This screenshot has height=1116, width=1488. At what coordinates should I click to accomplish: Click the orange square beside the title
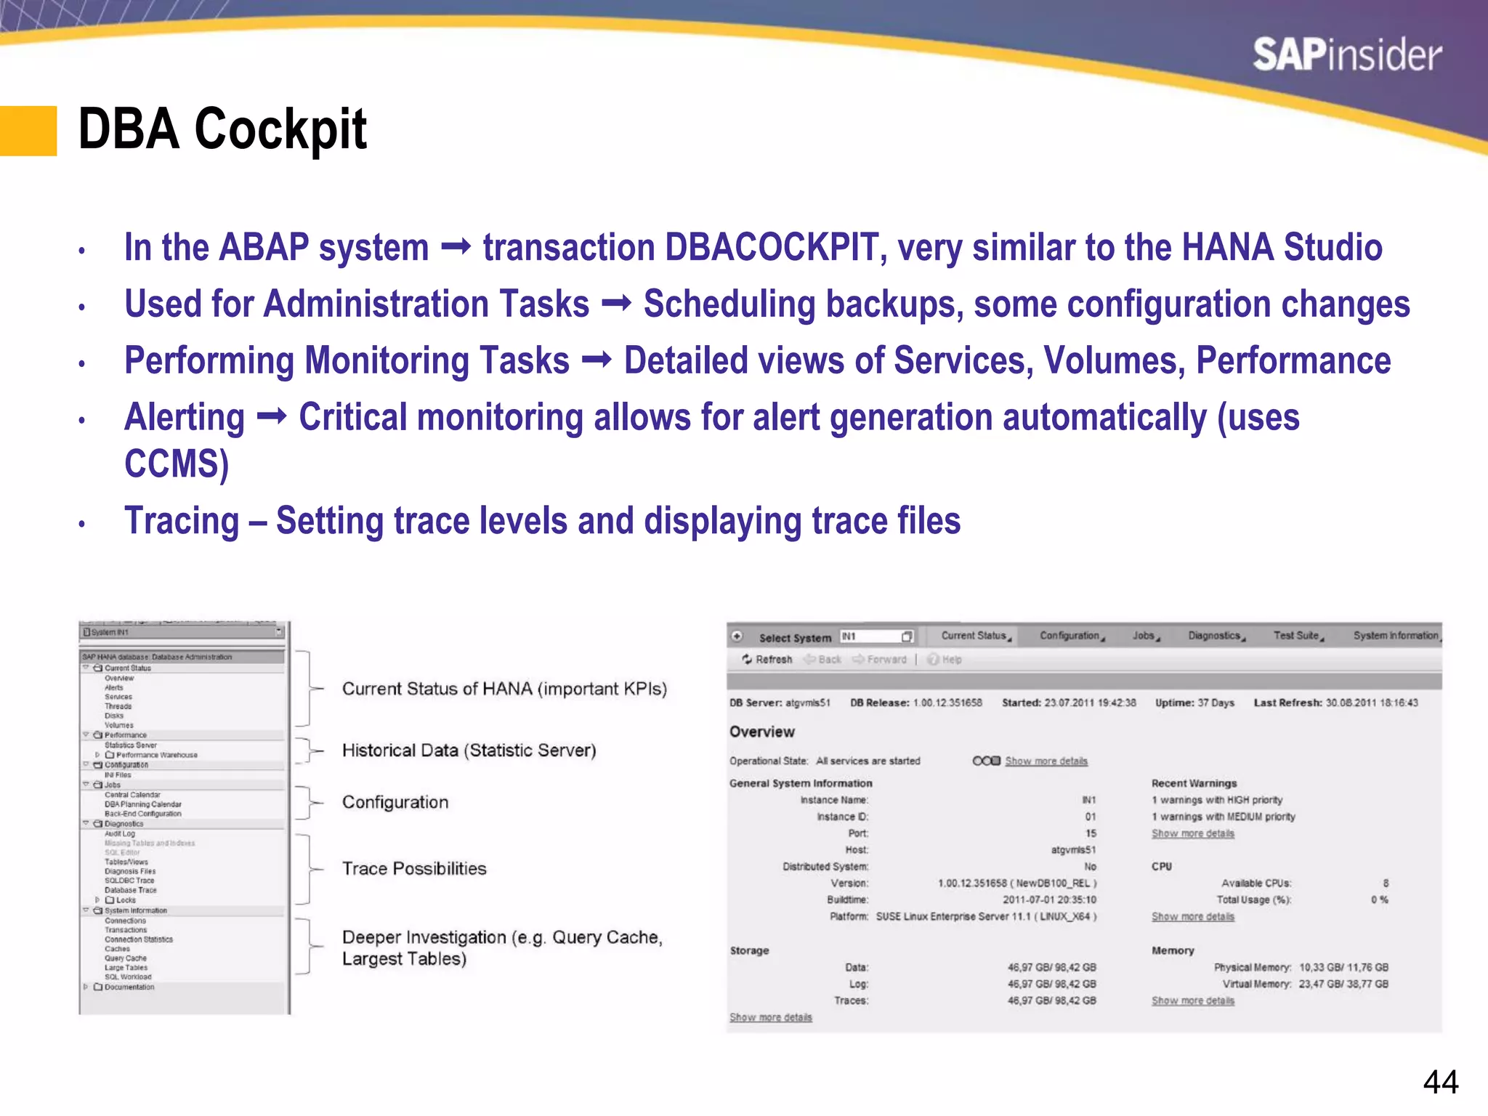click(28, 131)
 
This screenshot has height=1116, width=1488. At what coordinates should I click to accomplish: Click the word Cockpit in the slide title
click(280, 129)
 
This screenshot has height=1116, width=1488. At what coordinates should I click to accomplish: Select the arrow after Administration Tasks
click(616, 304)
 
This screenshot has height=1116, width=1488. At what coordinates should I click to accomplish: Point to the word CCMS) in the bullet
click(177, 464)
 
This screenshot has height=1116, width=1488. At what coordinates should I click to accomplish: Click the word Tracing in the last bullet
click(182, 521)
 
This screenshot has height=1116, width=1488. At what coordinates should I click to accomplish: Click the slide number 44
click(1440, 1083)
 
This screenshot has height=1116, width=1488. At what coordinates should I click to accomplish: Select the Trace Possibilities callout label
click(414, 868)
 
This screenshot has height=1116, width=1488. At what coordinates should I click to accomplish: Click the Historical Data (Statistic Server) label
click(469, 750)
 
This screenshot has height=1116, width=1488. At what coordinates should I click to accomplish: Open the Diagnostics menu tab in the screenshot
click(1215, 636)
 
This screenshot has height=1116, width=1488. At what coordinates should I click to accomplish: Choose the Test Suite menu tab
click(1297, 636)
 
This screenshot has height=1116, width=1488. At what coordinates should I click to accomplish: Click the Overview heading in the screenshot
click(761, 732)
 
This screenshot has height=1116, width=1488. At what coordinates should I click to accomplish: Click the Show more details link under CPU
click(1192, 917)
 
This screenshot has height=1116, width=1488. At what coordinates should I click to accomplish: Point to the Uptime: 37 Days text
click(1194, 703)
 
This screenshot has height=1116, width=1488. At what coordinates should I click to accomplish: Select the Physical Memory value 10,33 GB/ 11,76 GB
click(1343, 967)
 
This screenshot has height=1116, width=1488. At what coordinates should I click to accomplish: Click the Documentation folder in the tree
click(129, 987)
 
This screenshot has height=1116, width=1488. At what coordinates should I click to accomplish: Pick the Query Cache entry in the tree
click(125, 958)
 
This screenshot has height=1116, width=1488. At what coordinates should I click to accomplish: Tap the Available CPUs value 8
click(1385, 883)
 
